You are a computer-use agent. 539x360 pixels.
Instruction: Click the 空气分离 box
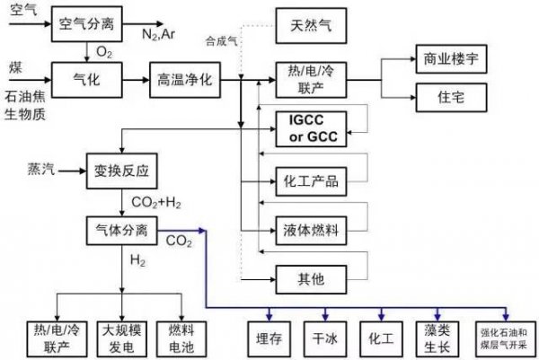tap(87, 24)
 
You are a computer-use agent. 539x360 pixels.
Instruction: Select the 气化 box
tap(87, 80)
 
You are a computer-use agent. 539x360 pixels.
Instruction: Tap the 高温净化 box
tap(185, 80)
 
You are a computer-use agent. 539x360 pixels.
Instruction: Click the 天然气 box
tap(311, 26)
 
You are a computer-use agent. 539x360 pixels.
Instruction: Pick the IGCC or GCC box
tap(311, 128)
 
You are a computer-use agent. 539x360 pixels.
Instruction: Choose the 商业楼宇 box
tap(451, 58)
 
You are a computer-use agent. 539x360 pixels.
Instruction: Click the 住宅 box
tap(451, 97)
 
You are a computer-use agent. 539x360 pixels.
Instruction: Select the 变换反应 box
tap(122, 171)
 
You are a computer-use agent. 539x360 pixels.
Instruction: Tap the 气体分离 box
tap(122, 231)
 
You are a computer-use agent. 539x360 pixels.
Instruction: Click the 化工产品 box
tap(311, 181)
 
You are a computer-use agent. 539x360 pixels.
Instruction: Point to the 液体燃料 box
tap(311, 231)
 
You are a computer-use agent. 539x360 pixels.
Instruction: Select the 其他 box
tap(311, 279)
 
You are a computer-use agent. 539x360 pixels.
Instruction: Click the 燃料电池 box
tap(181, 339)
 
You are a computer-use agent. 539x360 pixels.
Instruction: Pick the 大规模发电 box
tap(122, 339)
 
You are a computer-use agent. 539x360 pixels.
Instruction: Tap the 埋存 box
tap(269, 339)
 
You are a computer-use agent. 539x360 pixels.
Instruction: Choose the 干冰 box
tap(325, 339)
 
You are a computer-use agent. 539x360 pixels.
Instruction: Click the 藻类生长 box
tap(437, 339)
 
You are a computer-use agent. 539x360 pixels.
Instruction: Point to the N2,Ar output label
tap(158, 34)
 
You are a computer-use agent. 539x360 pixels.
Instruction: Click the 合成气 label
tap(221, 41)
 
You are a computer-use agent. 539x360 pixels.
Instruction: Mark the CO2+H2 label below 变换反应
tap(156, 203)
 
